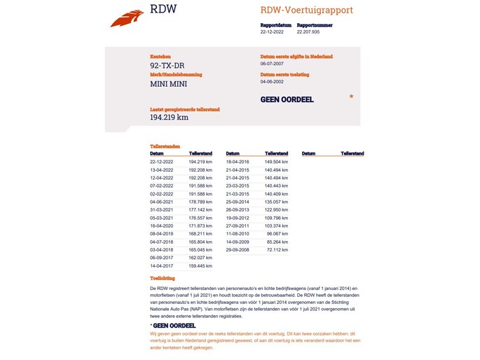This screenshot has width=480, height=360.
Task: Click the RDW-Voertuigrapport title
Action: (306, 11)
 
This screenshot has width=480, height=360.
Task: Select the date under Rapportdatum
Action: (272, 32)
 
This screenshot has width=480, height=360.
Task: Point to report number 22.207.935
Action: (308, 32)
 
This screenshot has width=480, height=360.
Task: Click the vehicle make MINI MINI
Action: (168, 84)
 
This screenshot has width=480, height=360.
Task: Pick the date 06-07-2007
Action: (271, 63)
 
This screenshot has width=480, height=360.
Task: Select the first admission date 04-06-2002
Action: (271, 81)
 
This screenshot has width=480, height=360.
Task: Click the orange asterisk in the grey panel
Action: (351, 97)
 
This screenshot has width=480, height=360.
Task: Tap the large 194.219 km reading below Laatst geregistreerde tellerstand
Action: (169, 118)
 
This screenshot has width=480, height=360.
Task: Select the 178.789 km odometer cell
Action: (200, 201)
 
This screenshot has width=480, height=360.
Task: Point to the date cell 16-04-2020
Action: (161, 226)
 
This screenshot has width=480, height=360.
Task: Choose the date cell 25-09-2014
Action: (237, 201)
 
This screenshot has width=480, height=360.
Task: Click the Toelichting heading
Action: (163, 278)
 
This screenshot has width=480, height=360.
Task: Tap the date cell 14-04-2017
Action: (161, 265)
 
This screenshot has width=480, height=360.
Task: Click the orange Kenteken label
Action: (160, 57)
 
